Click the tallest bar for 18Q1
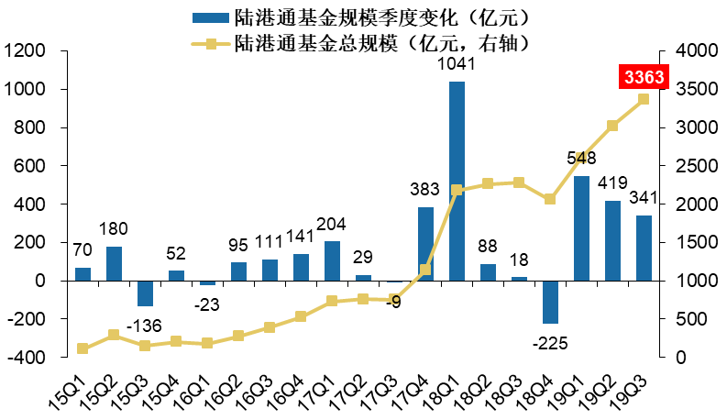point(457,181)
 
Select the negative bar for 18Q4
point(550,302)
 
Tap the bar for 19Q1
point(581,228)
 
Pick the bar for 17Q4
point(425,244)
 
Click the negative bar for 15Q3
point(145,293)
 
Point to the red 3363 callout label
point(644,77)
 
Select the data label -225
point(550,343)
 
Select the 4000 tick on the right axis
point(693,51)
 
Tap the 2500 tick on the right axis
point(693,166)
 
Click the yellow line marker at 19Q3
point(644,99)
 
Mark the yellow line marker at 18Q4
point(550,199)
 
